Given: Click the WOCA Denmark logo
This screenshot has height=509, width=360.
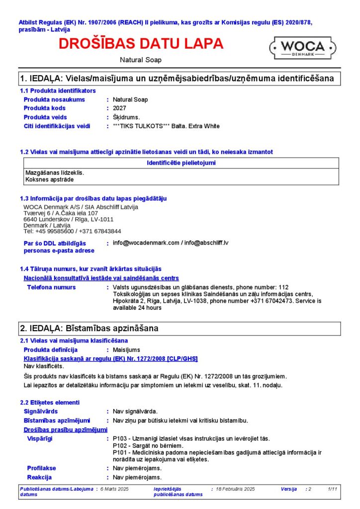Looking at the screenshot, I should (x=303, y=48).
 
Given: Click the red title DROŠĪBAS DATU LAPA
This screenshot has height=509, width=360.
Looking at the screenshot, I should (x=141, y=44).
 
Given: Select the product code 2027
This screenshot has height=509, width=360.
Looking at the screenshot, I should (x=119, y=108).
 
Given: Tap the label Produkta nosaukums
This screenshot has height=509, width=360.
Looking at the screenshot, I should (x=54, y=99).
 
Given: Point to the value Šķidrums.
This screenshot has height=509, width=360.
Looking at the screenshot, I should (x=126, y=117).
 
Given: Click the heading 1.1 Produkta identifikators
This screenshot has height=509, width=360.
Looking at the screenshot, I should (x=58, y=90).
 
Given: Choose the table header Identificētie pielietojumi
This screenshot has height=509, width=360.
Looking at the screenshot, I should (x=181, y=163).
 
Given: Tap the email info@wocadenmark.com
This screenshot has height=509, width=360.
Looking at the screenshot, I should (x=146, y=243).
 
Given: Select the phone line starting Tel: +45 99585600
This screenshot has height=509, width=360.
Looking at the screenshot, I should (x=72, y=231).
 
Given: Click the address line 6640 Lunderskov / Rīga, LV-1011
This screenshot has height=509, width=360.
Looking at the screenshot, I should (x=69, y=219).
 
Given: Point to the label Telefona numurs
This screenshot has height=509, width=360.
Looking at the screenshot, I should (x=51, y=287).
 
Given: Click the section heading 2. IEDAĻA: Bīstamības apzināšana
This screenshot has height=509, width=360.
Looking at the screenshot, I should (x=89, y=329).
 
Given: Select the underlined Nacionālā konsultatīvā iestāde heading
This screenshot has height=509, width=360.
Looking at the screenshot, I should (x=101, y=278).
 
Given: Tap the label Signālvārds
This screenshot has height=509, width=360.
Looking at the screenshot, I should (x=41, y=412).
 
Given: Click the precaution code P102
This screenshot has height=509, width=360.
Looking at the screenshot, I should (x=120, y=446).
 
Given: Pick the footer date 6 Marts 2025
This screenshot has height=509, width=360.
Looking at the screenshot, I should (x=114, y=490).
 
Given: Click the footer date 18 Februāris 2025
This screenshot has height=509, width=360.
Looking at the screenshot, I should (x=235, y=490).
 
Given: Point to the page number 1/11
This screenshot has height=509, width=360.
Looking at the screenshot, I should (x=333, y=490).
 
